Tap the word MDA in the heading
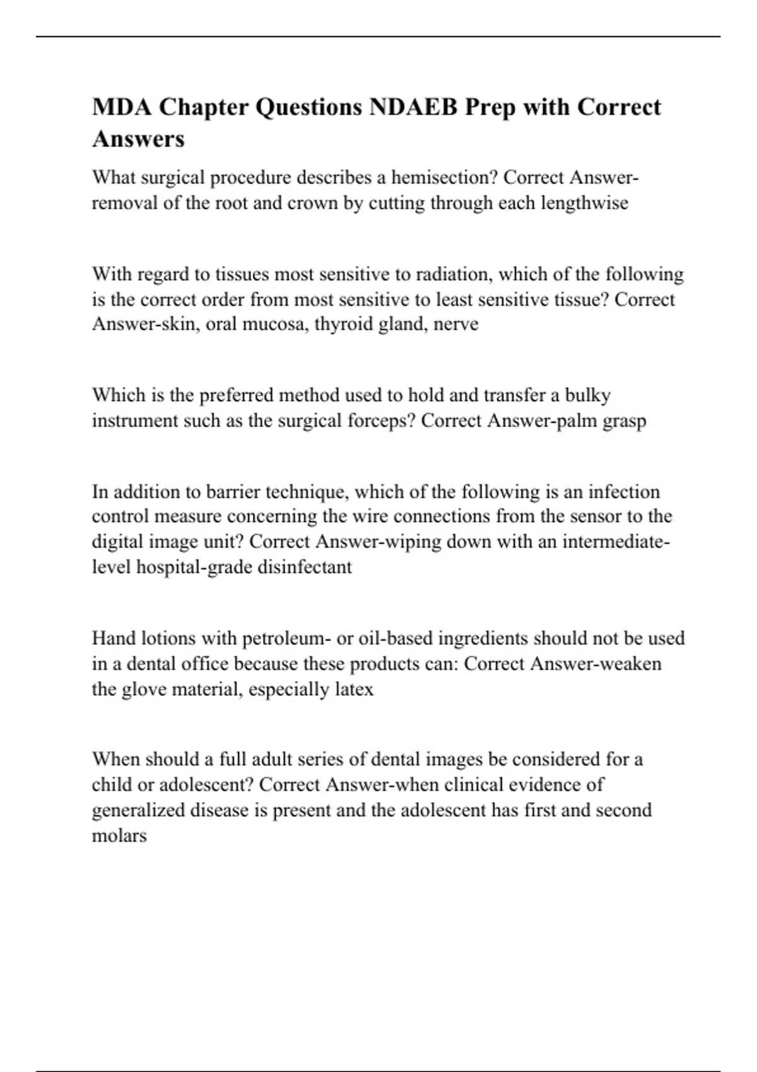point(121,107)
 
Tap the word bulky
point(587,395)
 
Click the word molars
point(119,836)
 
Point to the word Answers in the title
point(138,139)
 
